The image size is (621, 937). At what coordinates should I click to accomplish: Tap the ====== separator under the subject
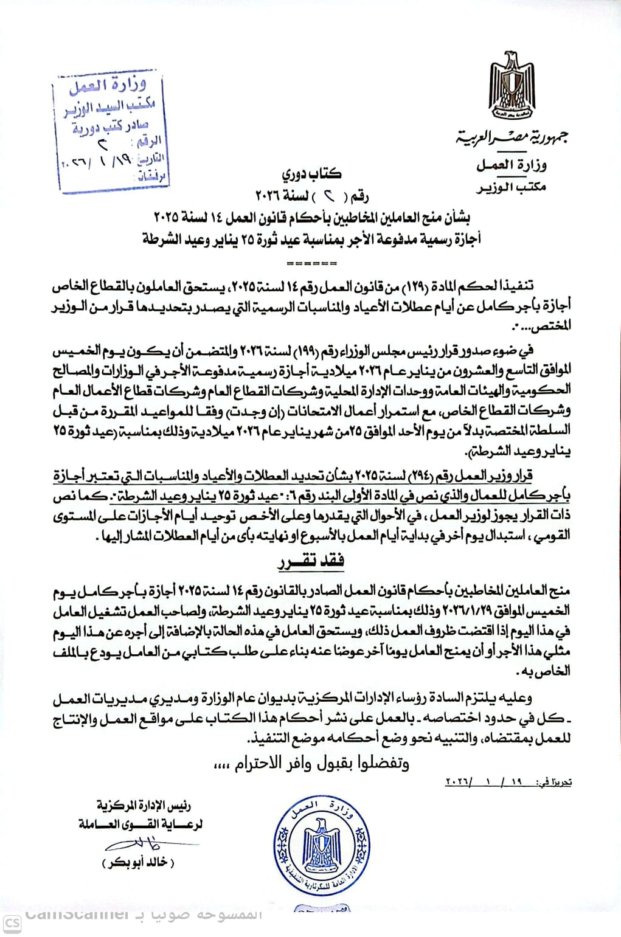(311, 264)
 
